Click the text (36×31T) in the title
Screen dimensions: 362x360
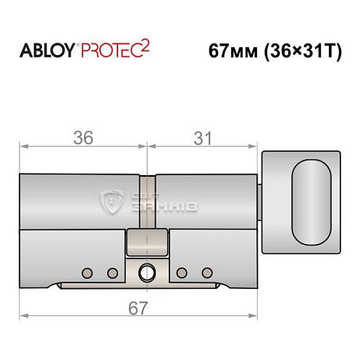300,52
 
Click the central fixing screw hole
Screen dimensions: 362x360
147,274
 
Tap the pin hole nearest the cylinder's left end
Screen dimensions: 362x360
87,273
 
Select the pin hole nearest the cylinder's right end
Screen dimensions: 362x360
207,273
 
